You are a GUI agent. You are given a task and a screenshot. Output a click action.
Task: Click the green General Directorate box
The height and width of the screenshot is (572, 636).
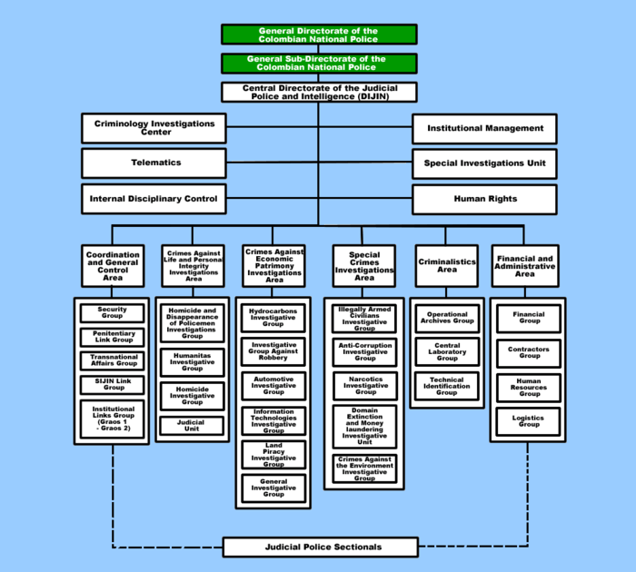tap(318, 35)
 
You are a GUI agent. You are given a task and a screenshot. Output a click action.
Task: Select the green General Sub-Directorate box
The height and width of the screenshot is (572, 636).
tap(318, 63)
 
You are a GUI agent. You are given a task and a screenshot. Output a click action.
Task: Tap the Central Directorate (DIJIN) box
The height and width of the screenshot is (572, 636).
tap(318, 92)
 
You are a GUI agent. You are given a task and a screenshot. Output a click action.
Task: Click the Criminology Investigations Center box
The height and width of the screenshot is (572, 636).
tap(154, 128)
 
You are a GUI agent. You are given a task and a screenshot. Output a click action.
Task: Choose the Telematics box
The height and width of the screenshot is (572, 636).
tap(154, 163)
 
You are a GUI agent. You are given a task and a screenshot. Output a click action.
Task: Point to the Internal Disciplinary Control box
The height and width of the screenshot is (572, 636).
tap(154, 198)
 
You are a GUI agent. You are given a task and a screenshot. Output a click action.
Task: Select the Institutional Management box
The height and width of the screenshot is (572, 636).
tap(485, 128)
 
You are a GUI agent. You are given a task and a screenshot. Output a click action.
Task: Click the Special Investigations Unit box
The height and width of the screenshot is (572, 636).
tap(485, 163)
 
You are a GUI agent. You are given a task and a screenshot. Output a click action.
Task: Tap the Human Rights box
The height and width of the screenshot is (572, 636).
tap(485, 198)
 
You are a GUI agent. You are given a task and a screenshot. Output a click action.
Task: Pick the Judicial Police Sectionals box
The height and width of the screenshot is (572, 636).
tap(321, 547)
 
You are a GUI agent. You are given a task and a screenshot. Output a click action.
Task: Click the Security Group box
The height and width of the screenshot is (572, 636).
tap(113, 312)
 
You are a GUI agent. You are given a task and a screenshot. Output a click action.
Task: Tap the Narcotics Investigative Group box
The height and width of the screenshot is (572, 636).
tap(365, 387)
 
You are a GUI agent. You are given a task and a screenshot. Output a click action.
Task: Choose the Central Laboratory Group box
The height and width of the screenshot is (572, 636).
tap(447, 351)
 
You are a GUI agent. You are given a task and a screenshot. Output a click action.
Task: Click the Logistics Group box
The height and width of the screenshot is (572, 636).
tap(529, 421)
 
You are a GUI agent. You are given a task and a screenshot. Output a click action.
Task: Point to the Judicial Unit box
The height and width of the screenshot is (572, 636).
tap(192, 425)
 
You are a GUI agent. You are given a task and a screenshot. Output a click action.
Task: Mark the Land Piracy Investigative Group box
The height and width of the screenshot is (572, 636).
tap(273, 455)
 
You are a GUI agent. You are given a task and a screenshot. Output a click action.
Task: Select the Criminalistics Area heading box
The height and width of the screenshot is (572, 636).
tap(447, 265)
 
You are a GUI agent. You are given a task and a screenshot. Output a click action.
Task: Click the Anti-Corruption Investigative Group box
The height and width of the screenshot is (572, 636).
tap(365, 351)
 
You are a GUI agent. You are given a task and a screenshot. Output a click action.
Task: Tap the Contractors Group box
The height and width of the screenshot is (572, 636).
tap(529, 352)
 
